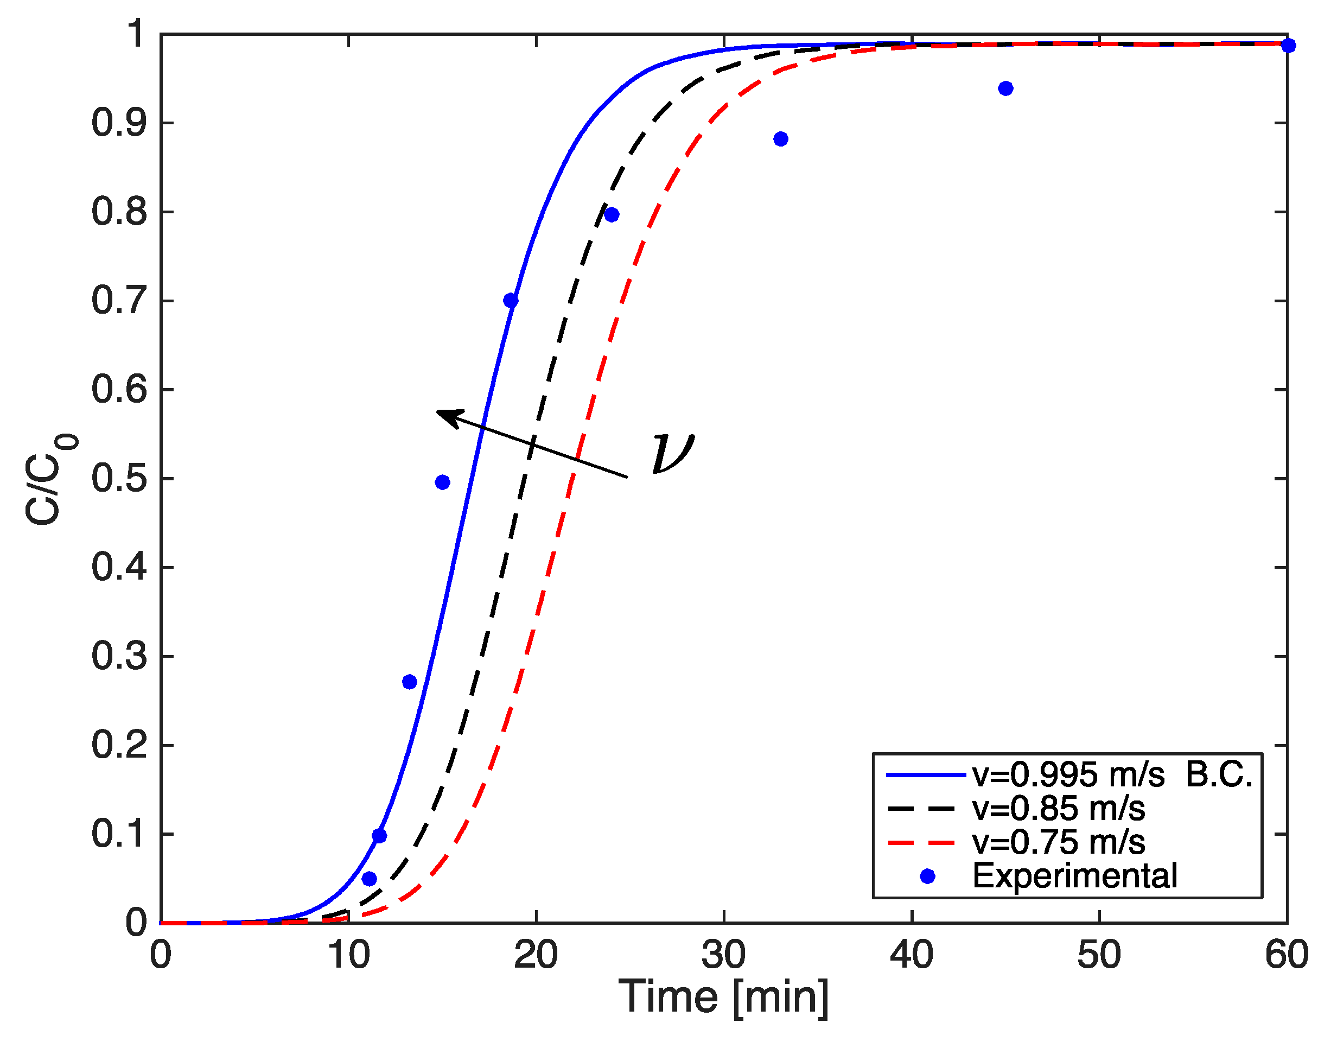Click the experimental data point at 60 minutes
coord(1288,45)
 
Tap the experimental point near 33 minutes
coord(780,139)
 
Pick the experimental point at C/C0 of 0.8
coord(612,215)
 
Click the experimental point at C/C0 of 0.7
coord(511,301)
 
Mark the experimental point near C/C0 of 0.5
coord(443,482)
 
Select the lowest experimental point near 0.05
coord(369,879)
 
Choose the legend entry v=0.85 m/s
coord(1058,809)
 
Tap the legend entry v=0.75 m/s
coord(1058,842)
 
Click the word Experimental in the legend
coord(1074,876)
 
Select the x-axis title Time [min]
coord(724,997)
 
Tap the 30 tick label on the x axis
coord(724,955)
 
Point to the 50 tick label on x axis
coord(1099,955)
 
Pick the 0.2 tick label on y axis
coord(119,745)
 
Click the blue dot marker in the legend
coord(927,876)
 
